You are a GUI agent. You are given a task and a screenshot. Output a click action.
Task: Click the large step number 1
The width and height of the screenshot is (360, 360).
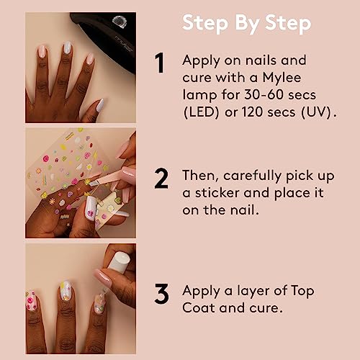(160, 63)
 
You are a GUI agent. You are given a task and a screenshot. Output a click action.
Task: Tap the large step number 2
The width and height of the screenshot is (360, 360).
(161, 178)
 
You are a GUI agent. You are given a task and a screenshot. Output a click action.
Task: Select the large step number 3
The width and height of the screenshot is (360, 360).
(161, 294)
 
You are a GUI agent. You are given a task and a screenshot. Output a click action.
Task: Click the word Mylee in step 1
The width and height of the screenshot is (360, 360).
(282, 78)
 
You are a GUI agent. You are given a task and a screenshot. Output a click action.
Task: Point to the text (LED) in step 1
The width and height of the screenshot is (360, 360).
(201, 112)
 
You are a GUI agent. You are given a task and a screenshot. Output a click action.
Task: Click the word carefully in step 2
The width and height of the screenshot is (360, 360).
(252, 176)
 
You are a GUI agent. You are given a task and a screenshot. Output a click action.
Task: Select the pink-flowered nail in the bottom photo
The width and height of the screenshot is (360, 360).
(31, 301)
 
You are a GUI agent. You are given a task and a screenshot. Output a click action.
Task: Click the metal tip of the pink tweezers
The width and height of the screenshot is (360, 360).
(94, 184)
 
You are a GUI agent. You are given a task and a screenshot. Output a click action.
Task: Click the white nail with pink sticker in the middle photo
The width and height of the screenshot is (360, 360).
(91, 207)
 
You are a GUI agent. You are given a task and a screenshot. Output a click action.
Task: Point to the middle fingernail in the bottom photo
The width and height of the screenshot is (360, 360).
(66, 291)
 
